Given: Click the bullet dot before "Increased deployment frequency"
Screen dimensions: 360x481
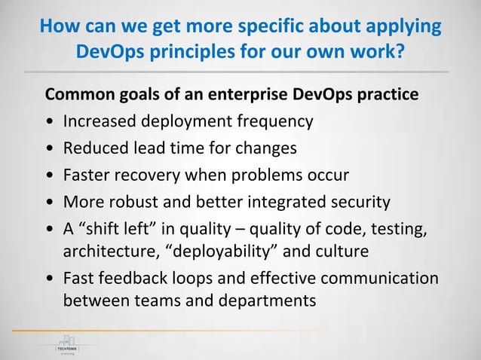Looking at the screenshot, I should [50, 122].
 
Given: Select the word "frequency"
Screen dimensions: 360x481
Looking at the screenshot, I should [273, 121].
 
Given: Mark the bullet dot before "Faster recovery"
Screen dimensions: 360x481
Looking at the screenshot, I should [50, 176].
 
